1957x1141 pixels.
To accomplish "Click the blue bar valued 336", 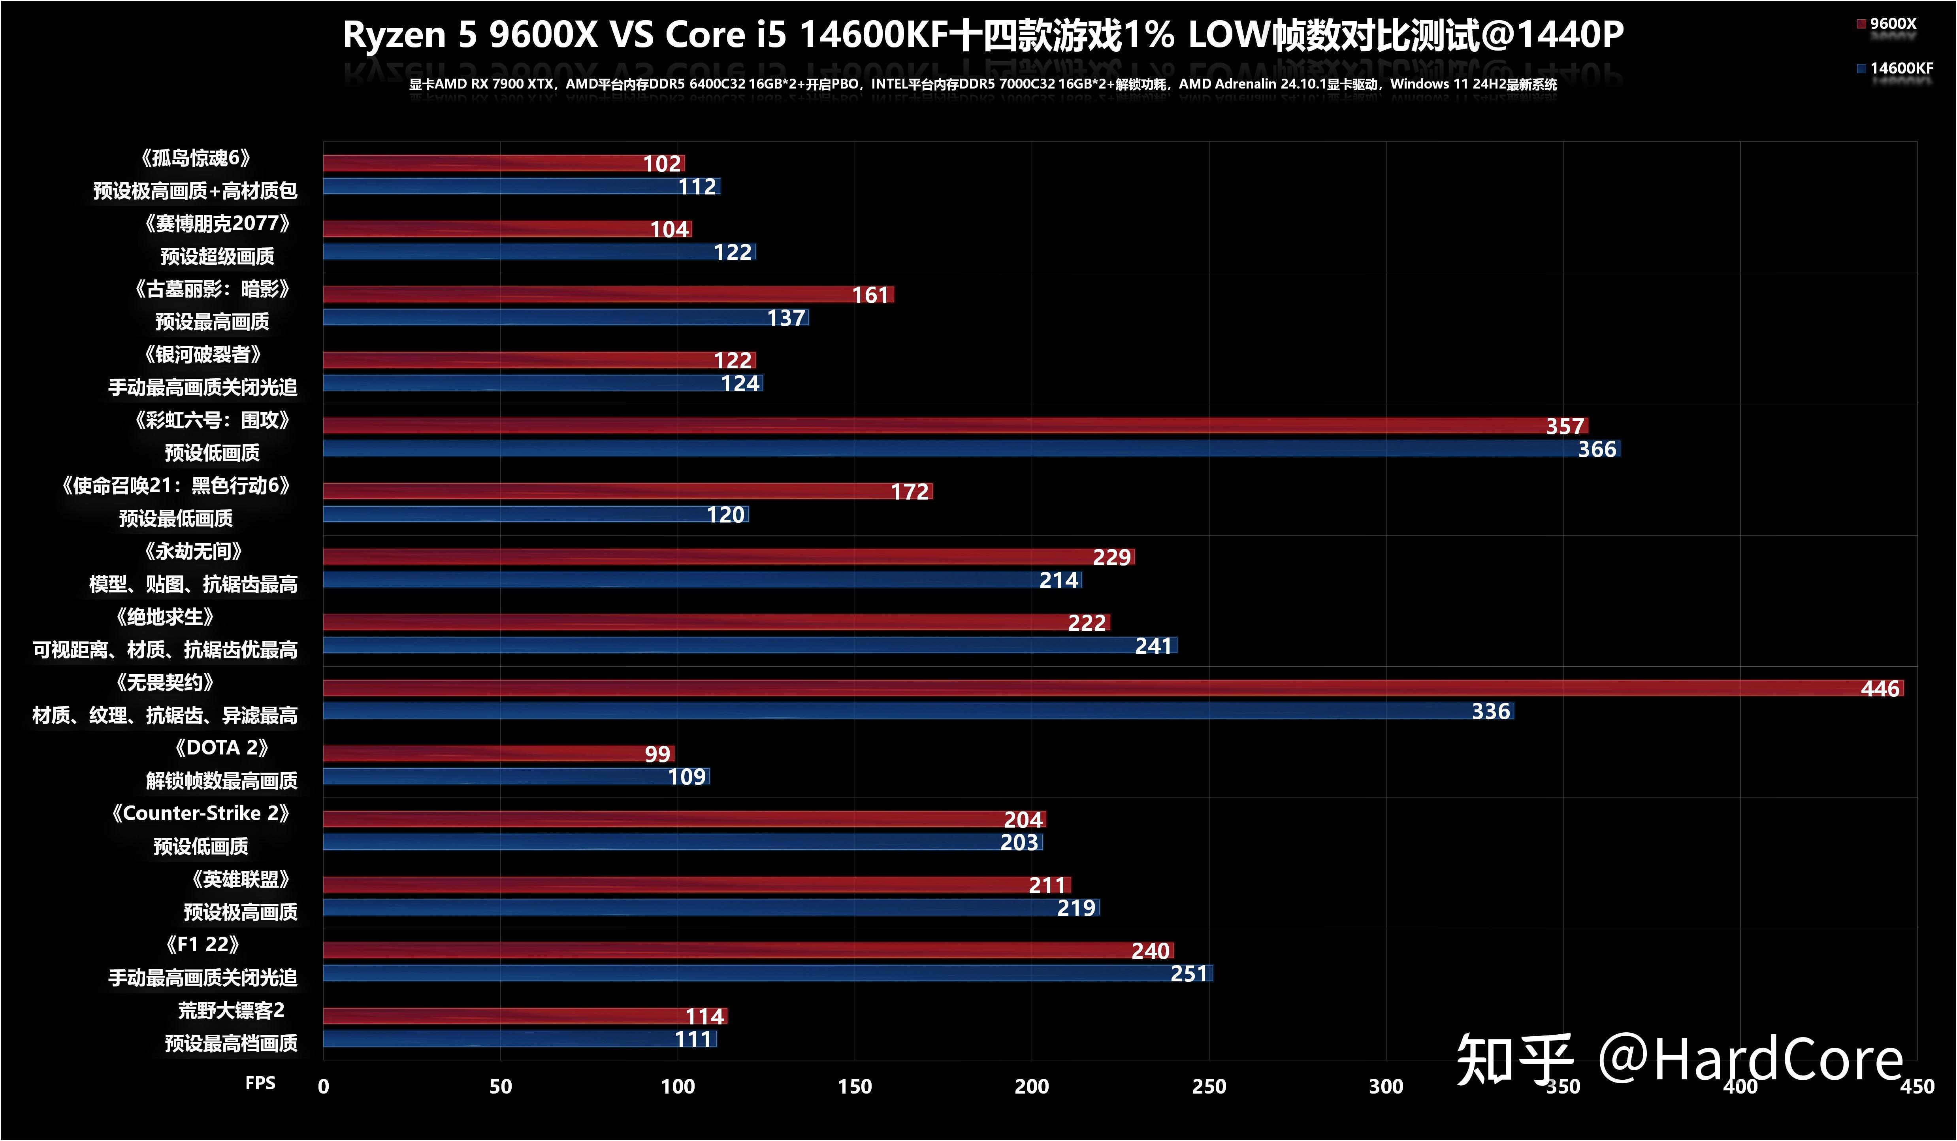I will click(x=916, y=711).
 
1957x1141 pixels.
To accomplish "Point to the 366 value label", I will click(x=1597, y=449).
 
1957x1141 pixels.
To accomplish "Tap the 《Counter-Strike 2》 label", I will click(x=200, y=813).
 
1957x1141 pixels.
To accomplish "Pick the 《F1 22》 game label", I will click(x=202, y=945).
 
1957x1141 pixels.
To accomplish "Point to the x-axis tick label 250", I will click(x=1208, y=1086).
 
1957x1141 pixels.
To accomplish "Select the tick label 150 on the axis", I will click(x=854, y=1086).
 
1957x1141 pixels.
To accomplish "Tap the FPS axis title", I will click(x=260, y=1083).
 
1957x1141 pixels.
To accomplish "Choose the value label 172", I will click(x=910, y=492).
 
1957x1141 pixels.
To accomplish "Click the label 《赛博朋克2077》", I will click(x=217, y=224).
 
